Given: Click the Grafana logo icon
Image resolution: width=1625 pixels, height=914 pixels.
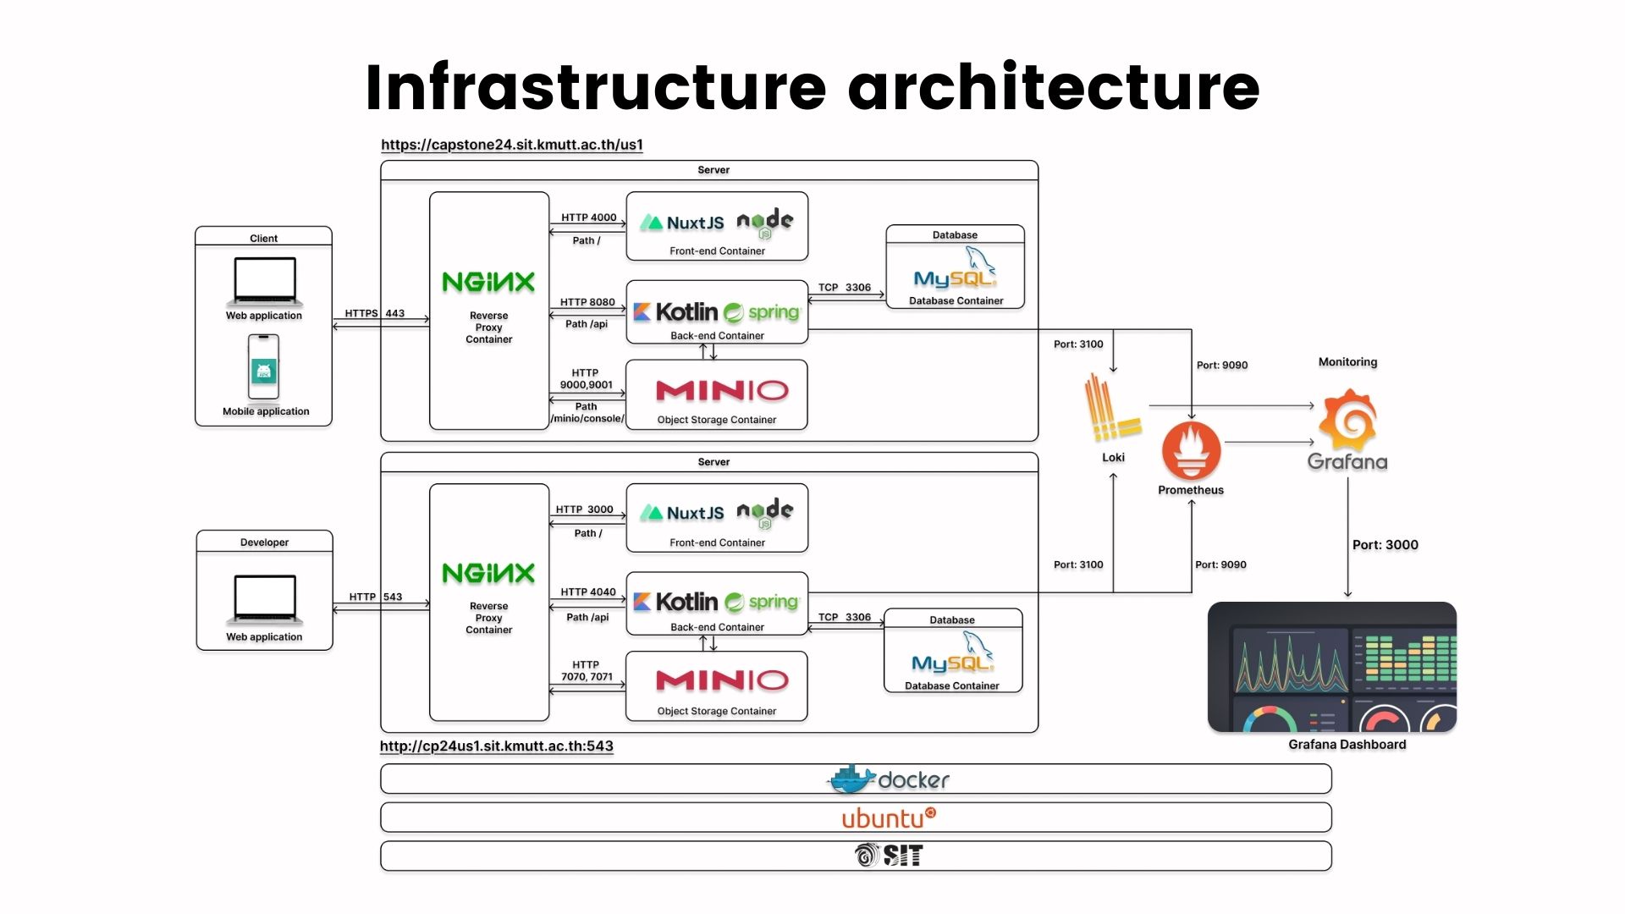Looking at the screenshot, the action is pyautogui.click(x=1348, y=420).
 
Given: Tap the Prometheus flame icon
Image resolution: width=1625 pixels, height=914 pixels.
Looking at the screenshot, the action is pyautogui.click(x=1191, y=451).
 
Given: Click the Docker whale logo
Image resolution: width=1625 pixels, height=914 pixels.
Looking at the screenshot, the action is pyautogui.click(x=851, y=779).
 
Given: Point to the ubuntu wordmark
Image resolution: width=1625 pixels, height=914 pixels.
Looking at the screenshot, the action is pyautogui.click(x=889, y=818).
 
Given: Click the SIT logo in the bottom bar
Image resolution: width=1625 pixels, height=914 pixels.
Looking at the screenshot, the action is pyautogui.click(x=888, y=856).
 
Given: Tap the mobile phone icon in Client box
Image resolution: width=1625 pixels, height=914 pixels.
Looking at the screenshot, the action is pyautogui.click(x=263, y=366).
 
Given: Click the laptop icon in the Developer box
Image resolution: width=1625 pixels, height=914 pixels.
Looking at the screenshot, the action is pyautogui.click(x=264, y=599).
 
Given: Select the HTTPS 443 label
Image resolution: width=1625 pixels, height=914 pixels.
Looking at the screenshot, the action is pyautogui.click(x=375, y=313).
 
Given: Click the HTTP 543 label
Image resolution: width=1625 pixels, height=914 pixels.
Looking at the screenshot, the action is pyautogui.click(x=376, y=597).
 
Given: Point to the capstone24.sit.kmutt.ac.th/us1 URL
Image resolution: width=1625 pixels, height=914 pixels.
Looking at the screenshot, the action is pyautogui.click(x=512, y=145).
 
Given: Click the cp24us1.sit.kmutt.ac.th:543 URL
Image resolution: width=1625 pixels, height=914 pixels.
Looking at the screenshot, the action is pyautogui.click(x=497, y=746).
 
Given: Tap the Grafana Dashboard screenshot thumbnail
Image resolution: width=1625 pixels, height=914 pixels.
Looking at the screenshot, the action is pyautogui.click(x=1332, y=667).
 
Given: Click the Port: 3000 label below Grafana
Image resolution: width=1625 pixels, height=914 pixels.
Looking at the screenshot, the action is pyautogui.click(x=1385, y=545).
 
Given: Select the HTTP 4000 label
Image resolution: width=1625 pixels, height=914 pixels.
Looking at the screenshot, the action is pyautogui.click(x=589, y=217).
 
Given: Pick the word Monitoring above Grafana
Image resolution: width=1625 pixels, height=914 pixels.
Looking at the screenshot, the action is pyautogui.click(x=1348, y=362).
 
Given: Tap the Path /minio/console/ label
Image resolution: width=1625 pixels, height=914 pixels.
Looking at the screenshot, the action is pyautogui.click(x=587, y=413).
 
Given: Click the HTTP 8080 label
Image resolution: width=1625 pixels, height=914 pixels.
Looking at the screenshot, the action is pyautogui.click(x=587, y=302).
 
